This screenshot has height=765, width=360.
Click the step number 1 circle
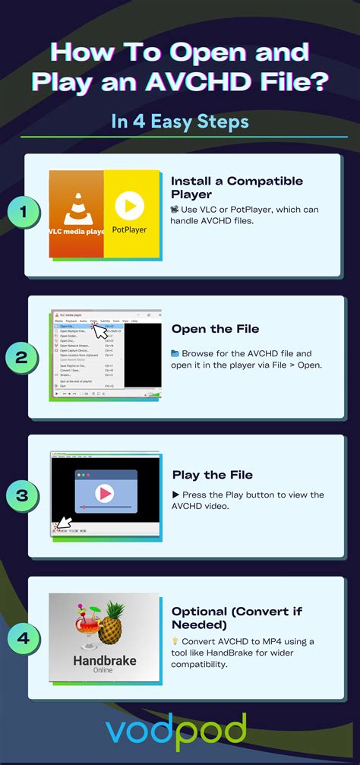(x=24, y=213)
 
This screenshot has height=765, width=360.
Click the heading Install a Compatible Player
(x=236, y=187)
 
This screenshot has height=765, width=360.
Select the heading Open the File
(x=215, y=329)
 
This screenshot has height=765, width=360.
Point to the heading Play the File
(x=212, y=475)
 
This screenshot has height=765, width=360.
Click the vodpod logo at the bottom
(x=175, y=732)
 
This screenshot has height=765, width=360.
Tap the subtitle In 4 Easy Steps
(x=180, y=122)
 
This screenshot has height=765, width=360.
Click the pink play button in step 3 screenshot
(x=106, y=493)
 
